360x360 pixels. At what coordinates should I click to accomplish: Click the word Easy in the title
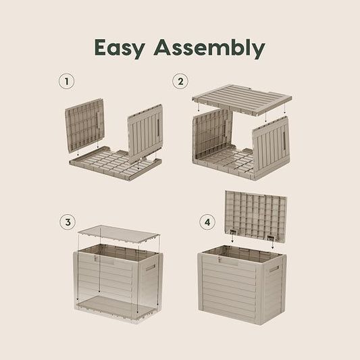[x=120, y=49]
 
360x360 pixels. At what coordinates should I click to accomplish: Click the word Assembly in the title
[x=209, y=49]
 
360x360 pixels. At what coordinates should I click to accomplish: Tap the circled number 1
[x=67, y=81]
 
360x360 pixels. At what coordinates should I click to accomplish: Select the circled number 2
[x=180, y=81]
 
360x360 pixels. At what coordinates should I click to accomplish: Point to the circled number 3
[x=68, y=222]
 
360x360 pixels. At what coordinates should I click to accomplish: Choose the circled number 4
[x=207, y=222]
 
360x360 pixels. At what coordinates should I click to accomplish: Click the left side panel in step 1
[x=84, y=126]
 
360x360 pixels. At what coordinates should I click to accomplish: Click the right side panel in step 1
[x=145, y=133]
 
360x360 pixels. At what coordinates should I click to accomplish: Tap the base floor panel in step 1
[x=115, y=163]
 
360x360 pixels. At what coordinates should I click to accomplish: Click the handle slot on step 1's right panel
[x=159, y=128]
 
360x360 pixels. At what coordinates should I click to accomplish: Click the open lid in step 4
[x=256, y=216]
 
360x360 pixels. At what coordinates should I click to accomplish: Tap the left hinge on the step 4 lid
[x=233, y=232]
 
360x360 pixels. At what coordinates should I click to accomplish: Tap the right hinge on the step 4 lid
[x=271, y=237]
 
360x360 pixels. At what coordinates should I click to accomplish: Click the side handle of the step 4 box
[x=274, y=269]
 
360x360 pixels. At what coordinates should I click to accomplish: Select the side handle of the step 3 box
[x=151, y=267]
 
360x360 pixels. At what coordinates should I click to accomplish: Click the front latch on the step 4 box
[x=221, y=259]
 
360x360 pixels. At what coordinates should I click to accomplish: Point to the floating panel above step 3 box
[x=118, y=234]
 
